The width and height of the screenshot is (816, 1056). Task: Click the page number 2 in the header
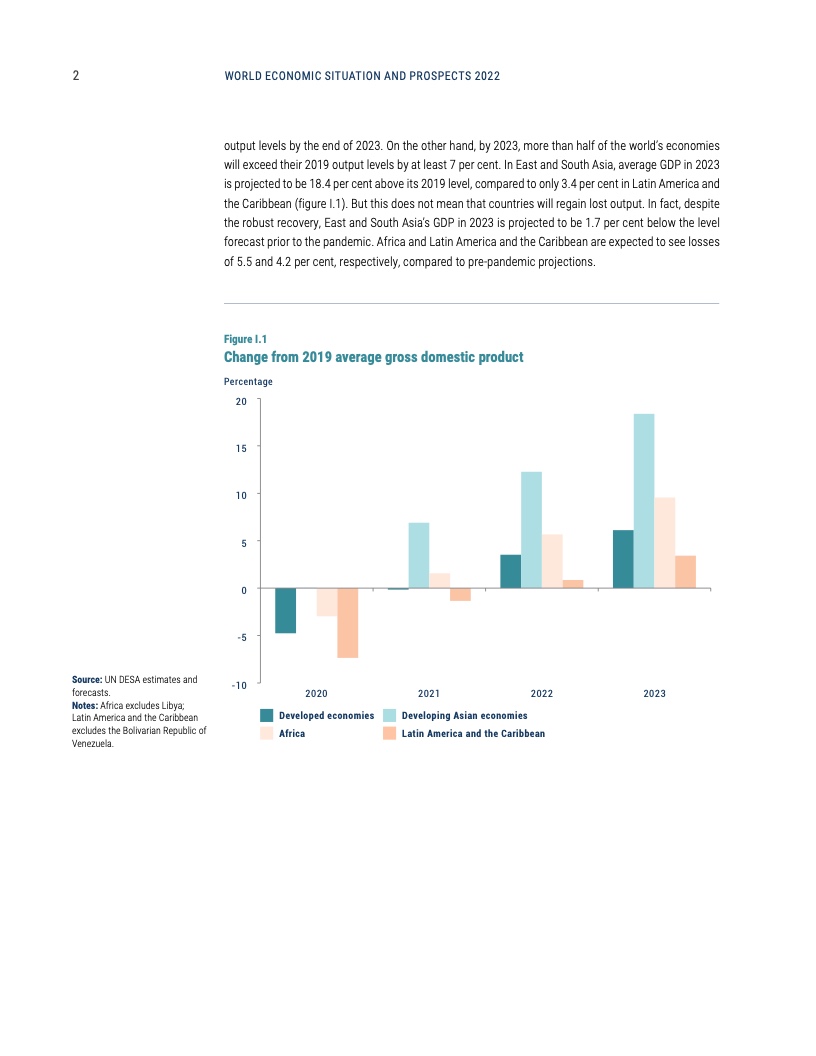[x=76, y=76]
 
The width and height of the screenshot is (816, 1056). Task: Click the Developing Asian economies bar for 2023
[x=644, y=501]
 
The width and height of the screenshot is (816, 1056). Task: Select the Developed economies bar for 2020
[x=285, y=611]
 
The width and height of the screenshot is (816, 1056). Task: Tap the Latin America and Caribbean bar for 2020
[x=347, y=623]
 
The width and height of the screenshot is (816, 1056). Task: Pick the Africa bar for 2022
[x=552, y=562]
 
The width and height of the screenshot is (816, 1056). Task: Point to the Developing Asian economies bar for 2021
[x=419, y=556]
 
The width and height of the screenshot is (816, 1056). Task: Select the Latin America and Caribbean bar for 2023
[x=685, y=572]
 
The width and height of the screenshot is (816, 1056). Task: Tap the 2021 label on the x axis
[x=429, y=693]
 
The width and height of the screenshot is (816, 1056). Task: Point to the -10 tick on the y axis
[x=238, y=685]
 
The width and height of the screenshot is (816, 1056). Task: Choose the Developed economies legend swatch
[x=267, y=716]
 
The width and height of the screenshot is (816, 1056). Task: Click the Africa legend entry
[x=292, y=734]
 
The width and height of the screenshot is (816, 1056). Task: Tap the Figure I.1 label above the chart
[x=245, y=339]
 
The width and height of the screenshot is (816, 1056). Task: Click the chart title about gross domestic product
[x=373, y=357]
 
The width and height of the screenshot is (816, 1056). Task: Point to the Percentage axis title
[x=248, y=382]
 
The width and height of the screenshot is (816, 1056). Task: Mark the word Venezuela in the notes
[x=94, y=742]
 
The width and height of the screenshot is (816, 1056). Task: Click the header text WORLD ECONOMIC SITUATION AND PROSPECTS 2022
[x=362, y=76]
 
